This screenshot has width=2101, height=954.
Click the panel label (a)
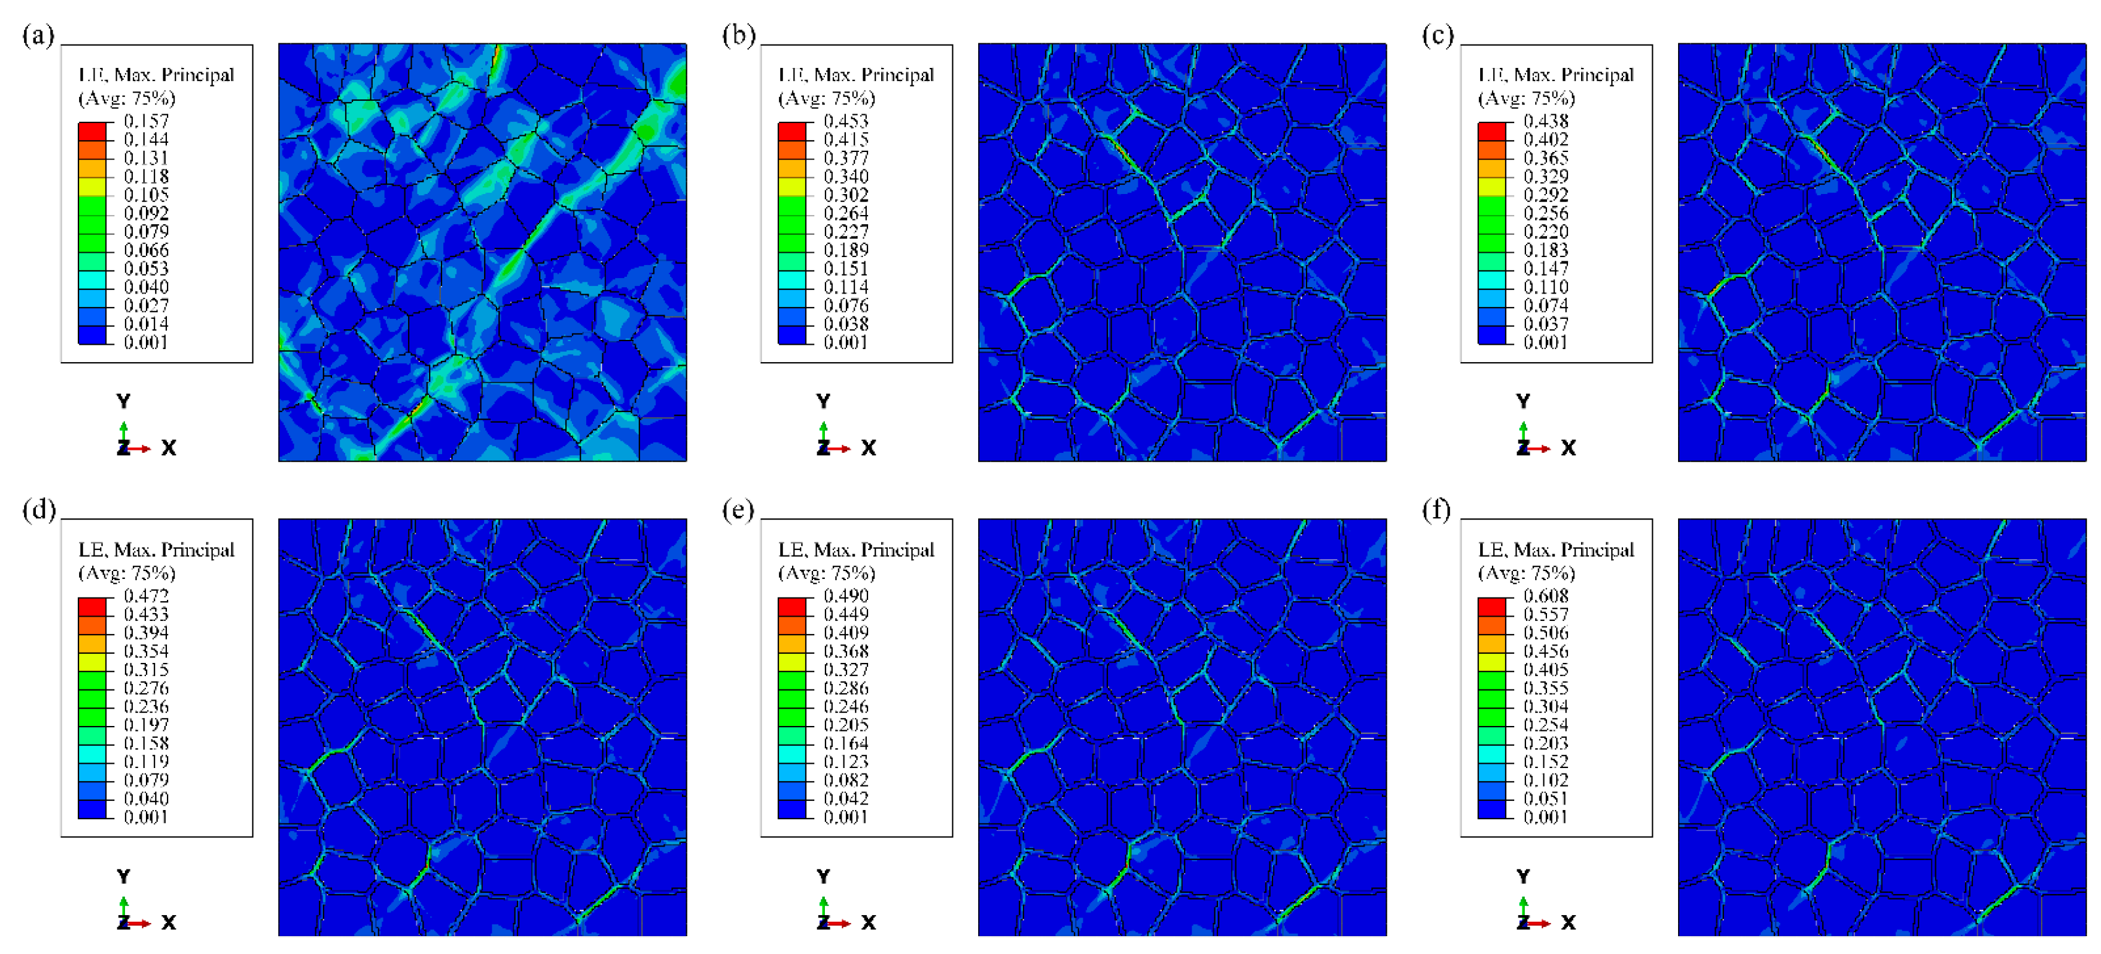(38, 35)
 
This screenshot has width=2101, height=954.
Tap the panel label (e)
(738, 510)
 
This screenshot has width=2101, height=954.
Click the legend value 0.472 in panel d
(146, 596)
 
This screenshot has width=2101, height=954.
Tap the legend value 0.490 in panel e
(846, 596)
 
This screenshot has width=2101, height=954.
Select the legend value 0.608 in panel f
(1546, 596)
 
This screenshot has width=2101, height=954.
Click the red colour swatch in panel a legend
(92, 130)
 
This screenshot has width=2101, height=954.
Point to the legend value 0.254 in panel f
(1546, 725)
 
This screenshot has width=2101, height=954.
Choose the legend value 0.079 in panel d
(146, 780)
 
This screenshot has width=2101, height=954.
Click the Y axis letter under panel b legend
(823, 401)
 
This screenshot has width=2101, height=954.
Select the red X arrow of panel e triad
(841, 923)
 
